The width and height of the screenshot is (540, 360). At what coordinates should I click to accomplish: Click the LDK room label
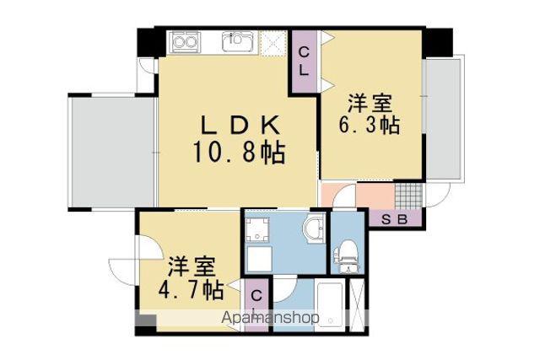(240, 125)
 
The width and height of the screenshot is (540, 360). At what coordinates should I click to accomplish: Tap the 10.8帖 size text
(239, 152)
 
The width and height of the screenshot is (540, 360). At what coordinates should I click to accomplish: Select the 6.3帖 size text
(370, 125)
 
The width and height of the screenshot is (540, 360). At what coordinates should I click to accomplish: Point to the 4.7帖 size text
(191, 291)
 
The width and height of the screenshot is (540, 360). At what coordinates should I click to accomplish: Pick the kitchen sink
(238, 41)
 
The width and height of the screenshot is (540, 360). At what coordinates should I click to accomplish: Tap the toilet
(347, 255)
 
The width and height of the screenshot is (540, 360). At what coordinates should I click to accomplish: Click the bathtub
(330, 306)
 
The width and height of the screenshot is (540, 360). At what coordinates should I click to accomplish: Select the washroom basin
(313, 228)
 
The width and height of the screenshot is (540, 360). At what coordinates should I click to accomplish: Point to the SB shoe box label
(395, 219)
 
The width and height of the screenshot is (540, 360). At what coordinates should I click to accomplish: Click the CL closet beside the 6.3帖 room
(304, 62)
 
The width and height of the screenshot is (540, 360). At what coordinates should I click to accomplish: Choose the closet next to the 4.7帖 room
(256, 305)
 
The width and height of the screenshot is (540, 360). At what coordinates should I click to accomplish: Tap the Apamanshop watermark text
(270, 318)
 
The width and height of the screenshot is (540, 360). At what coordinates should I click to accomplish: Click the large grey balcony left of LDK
(113, 151)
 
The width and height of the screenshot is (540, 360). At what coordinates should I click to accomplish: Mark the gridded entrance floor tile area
(408, 196)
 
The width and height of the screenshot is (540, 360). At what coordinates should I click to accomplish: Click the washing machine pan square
(257, 229)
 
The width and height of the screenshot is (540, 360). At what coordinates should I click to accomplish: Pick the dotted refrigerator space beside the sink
(274, 44)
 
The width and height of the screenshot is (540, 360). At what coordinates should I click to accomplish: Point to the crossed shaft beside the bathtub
(357, 305)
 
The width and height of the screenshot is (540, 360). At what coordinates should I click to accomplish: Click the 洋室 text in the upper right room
(370, 103)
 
